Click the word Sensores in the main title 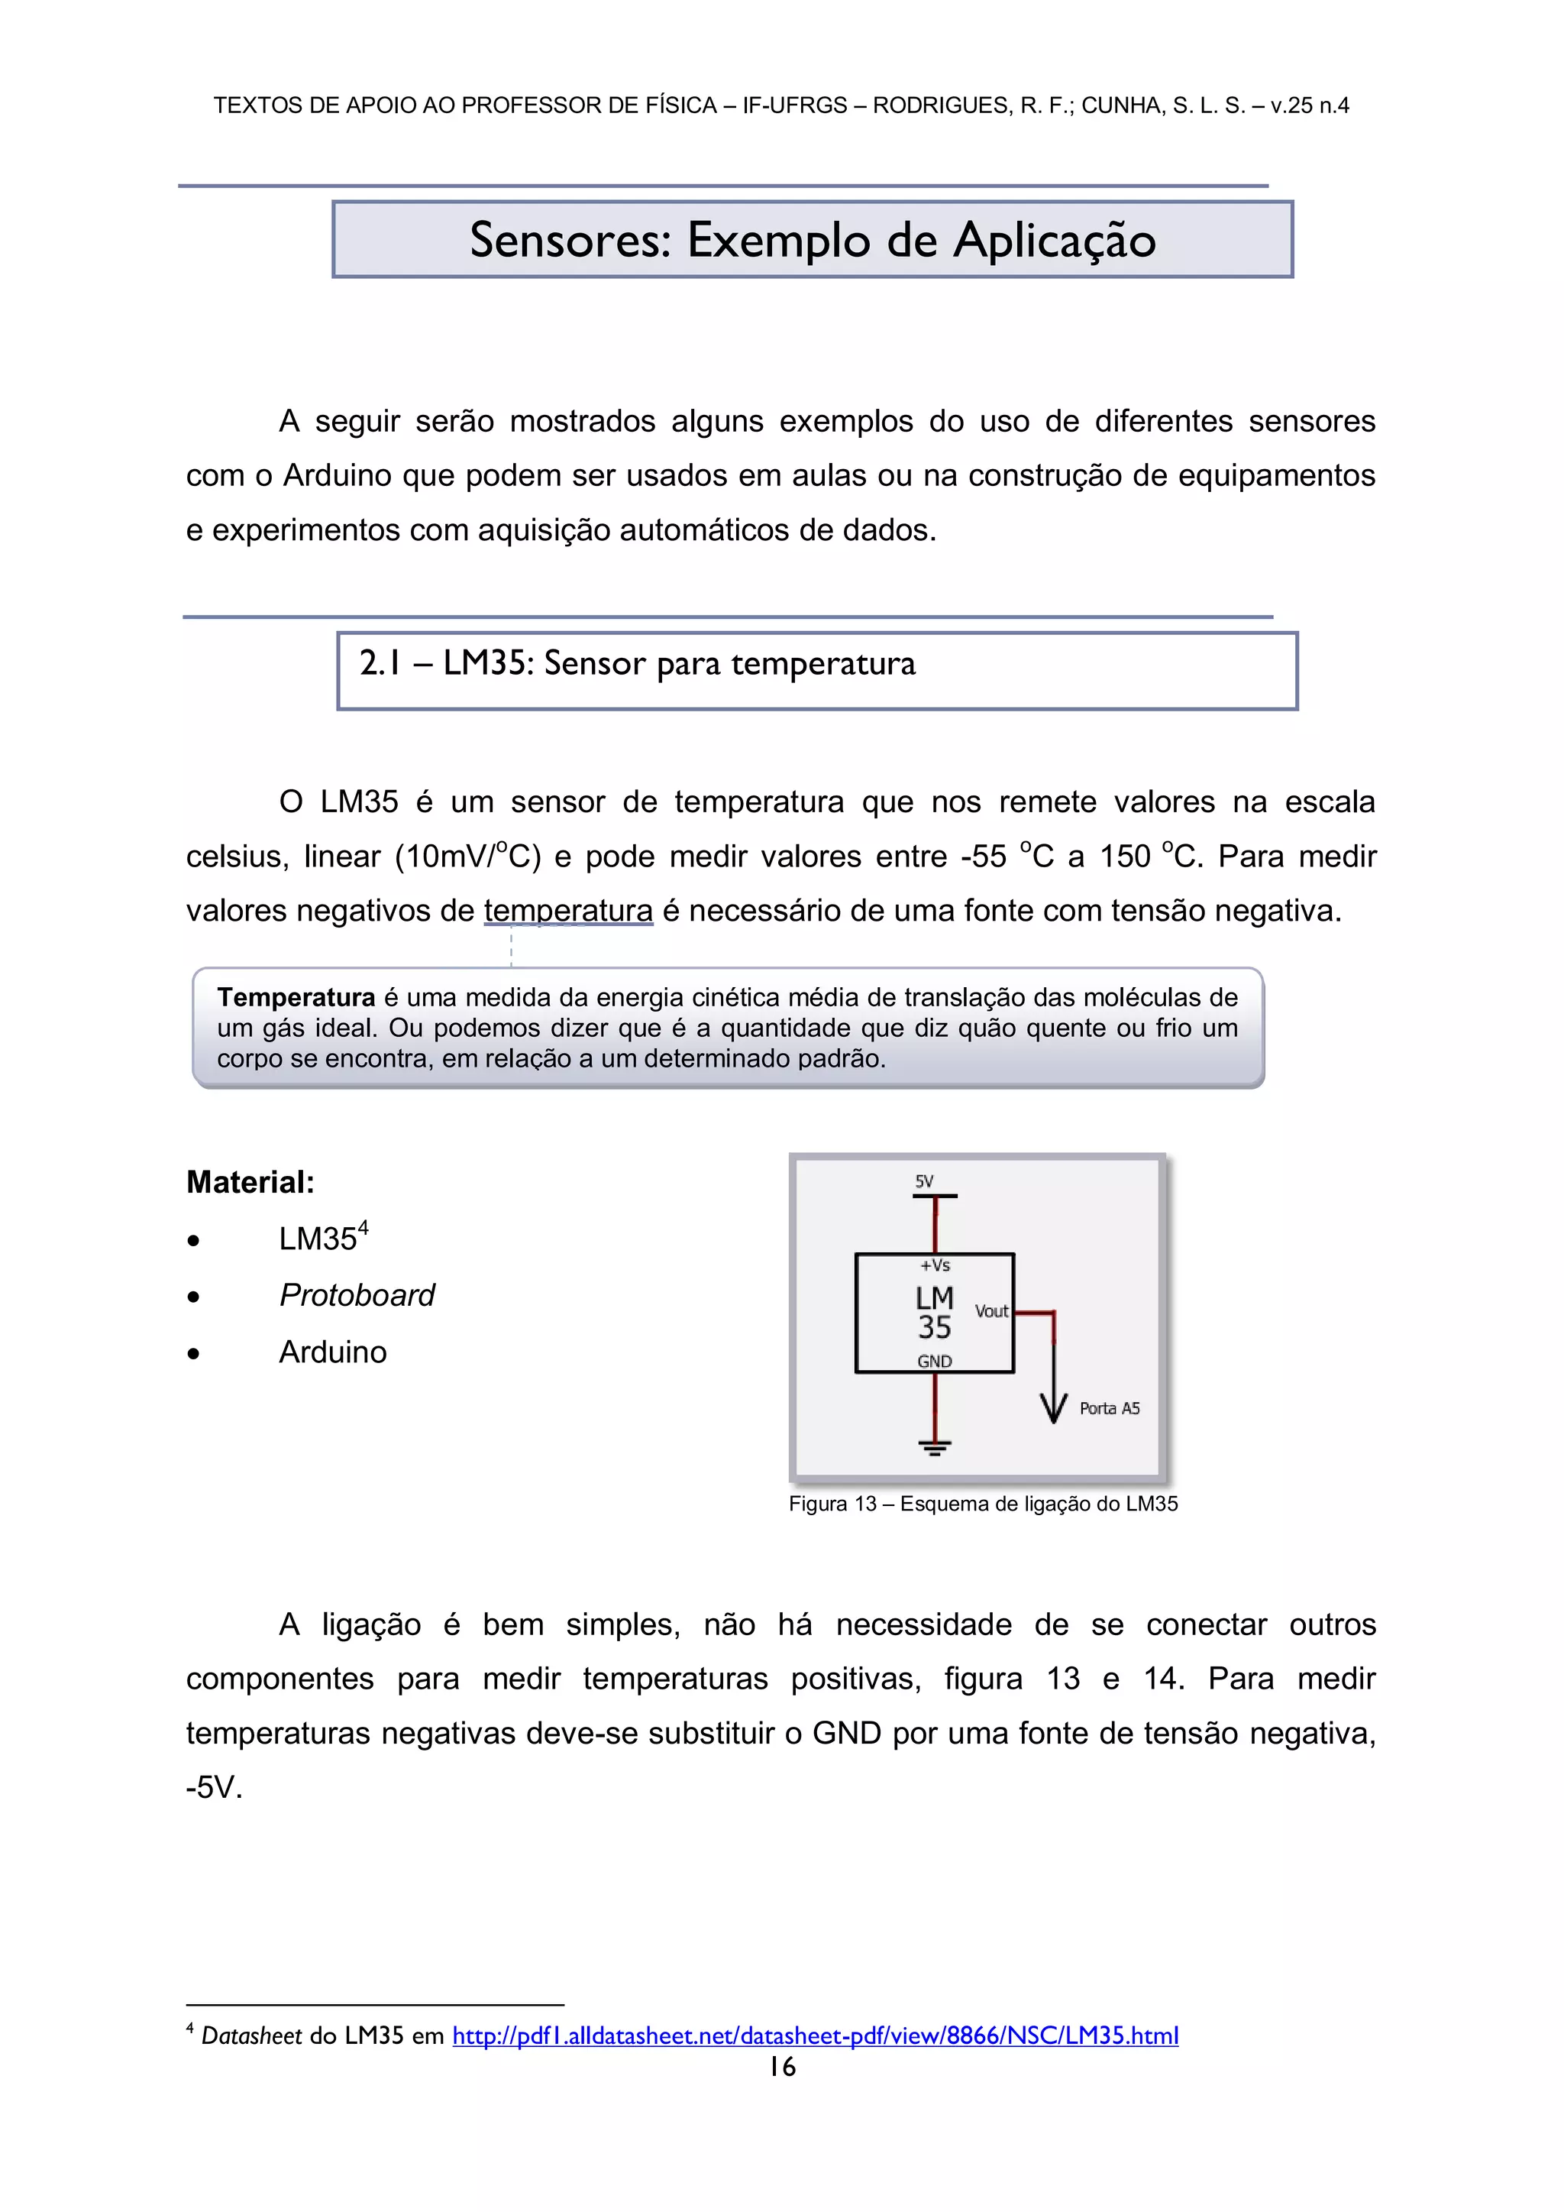(570, 241)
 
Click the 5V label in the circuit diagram (923, 1181)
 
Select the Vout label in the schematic (991, 1311)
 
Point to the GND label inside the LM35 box (934, 1362)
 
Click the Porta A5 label (1110, 1408)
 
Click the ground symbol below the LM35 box (934, 1447)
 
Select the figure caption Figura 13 (982, 1504)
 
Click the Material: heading (250, 1182)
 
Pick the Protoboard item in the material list (357, 1295)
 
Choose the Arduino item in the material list (332, 1352)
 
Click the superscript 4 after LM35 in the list (363, 1227)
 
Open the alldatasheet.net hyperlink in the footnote (815, 2035)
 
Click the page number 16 (782, 2067)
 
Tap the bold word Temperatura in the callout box (296, 997)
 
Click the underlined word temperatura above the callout (568, 911)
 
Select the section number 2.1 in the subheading (380, 664)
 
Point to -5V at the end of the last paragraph (214, 1788)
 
